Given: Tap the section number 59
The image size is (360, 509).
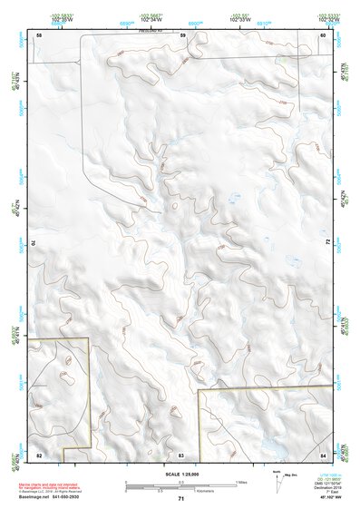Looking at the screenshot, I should coord(182,34).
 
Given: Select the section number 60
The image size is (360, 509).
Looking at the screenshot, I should coord(323,34).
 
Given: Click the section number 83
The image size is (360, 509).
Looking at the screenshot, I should coord(181,454).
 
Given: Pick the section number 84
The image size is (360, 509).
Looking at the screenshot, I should coord(323,454).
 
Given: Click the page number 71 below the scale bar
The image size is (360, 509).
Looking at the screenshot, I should coord(181,499).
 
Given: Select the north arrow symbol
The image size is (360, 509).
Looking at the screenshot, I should coord(276,478).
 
